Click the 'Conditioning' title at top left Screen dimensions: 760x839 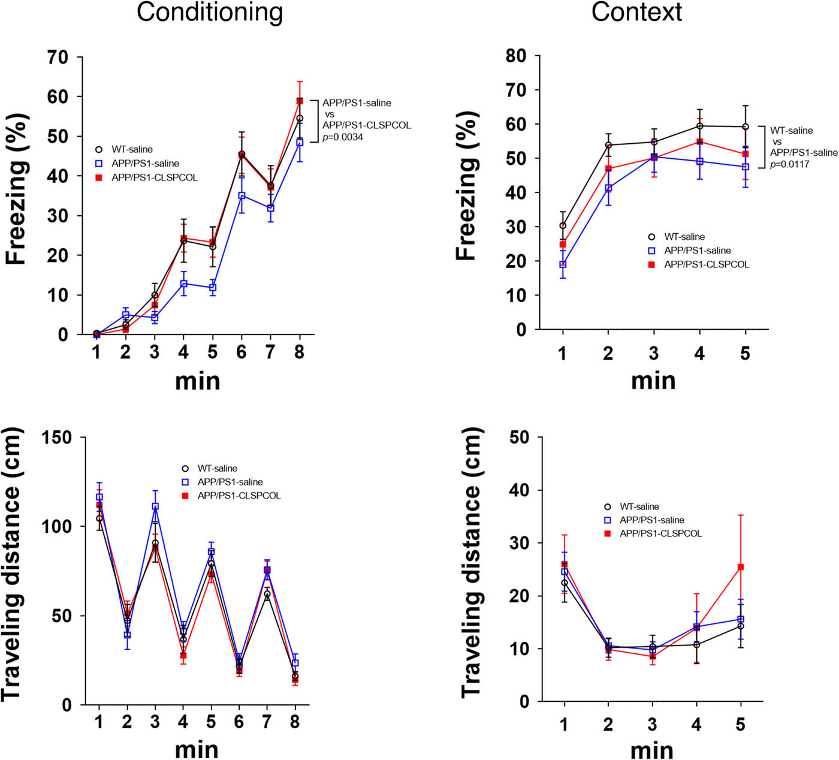(x=209, y=13)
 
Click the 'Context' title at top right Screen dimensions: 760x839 (x=636, y=13)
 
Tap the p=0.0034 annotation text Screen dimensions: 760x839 (x=343, y=137)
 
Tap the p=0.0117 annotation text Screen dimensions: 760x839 (x=790, y=164)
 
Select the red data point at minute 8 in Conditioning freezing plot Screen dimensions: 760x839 (x=300, y=101)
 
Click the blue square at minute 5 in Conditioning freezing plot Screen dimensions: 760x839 (x=212, y=288)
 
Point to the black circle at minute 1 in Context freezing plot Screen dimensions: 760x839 (x=563, y=226)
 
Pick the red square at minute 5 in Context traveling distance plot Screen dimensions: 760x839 (x=741, y=567)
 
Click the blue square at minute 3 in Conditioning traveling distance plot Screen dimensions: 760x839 (x=155, y=506)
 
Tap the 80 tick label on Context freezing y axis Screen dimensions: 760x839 (x=515, y=56)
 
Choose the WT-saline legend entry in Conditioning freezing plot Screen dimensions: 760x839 (x=132, y=149)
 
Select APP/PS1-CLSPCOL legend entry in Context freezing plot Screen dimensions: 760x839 (x=706, y=264)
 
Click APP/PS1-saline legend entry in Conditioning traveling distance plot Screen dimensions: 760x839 (x=230, y=482)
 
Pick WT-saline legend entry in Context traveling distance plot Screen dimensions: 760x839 (x=639, y=506)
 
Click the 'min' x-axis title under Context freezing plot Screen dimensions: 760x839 (x=653, y=381)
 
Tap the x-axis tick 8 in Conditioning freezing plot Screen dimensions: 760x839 (x=299, y=352)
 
